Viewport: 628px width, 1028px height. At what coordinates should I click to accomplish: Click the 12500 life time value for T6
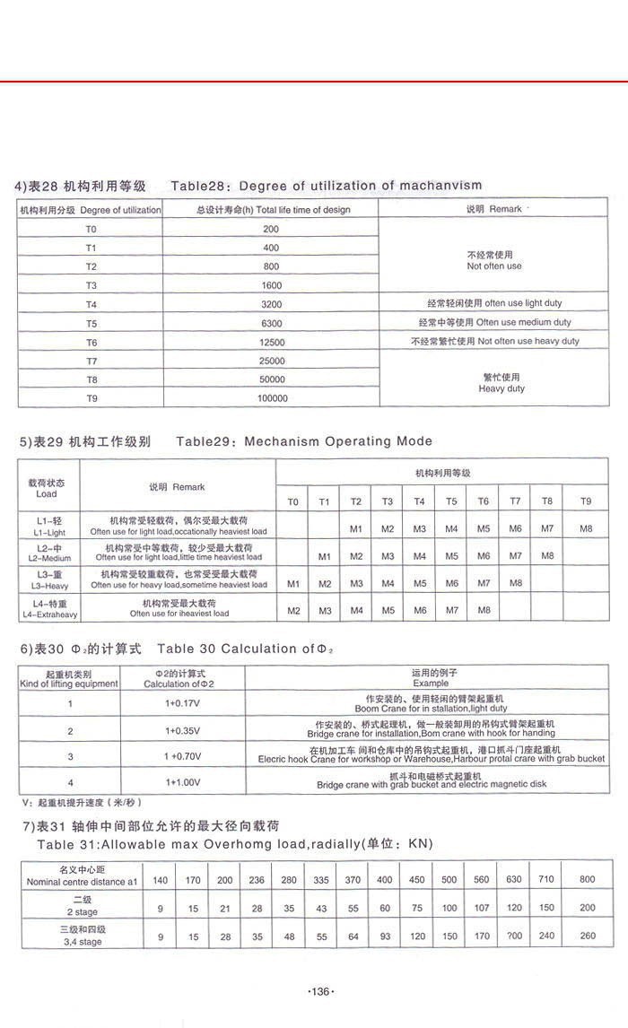271,342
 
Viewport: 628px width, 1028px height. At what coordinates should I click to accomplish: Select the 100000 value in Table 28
271,398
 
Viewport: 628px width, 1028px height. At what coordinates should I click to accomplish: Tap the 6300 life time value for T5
271,323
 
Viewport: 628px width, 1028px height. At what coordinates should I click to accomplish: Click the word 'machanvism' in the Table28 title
439,186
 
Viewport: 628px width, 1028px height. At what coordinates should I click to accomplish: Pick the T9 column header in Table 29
586,501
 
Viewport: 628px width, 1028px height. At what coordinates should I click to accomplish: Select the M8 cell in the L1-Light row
586,529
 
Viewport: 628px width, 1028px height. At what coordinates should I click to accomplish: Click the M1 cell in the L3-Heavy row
292,584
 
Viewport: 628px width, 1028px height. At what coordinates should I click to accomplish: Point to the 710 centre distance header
546,880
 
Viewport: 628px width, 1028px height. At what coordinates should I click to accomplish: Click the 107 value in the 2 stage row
481,908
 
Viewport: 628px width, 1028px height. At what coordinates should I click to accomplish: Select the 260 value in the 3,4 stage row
588,937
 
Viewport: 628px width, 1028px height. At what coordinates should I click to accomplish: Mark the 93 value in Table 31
385,937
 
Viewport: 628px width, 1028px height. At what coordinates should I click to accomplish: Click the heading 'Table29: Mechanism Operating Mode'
304,441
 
